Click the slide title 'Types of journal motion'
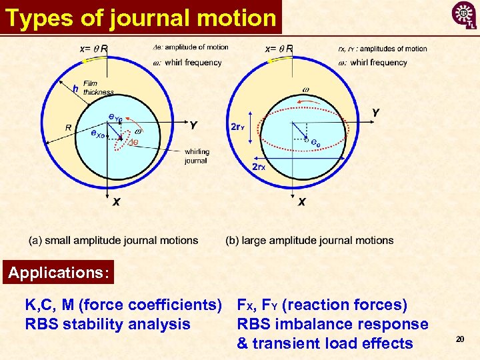pos(141,18)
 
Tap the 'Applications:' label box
pos(59,273)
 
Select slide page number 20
pos(459,340)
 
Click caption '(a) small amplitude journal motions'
pos(113,240)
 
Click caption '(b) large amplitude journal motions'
pos(309,240)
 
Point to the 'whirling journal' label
pos(197,156)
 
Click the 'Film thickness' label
pos(98,88)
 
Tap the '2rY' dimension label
pos(237,127)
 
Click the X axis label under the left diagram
pos(116,201)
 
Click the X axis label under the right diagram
pos(301,201)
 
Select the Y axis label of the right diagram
pos(376,113)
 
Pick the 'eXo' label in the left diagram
pos(97,133)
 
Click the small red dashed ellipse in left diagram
pos(123,139)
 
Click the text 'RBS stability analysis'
pos(107,325)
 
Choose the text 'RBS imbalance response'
pos(333,325)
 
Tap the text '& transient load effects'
pos(325,343)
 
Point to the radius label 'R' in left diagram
pos(69,127)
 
